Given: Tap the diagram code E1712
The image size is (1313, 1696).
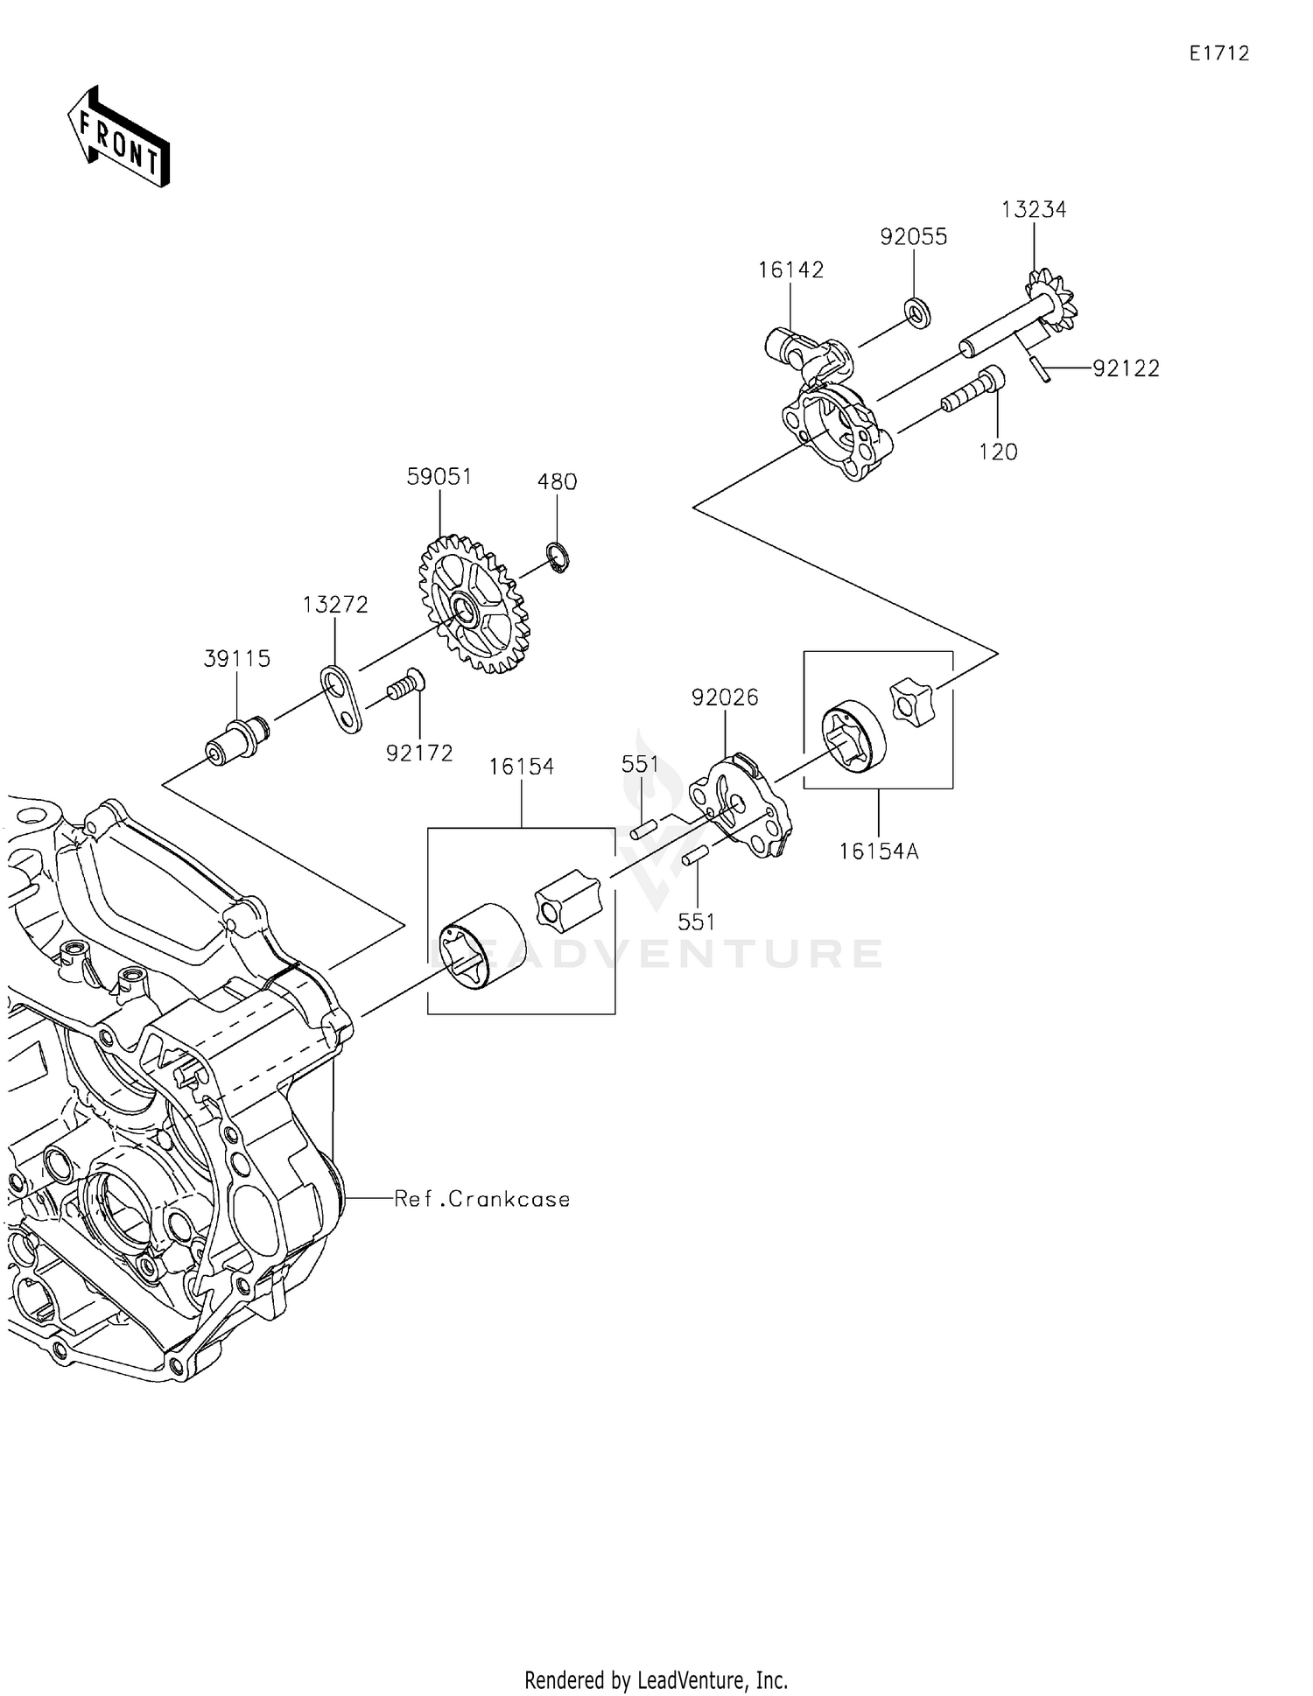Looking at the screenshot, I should tap(1218, 53).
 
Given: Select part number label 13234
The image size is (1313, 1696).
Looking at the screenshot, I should tap(1034, 210).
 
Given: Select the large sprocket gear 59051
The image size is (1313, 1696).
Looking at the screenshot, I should tap(474, 604).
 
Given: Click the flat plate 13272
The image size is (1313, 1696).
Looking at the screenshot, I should tap(341, 698).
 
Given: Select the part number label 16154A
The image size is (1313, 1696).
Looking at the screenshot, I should tap(878, 852).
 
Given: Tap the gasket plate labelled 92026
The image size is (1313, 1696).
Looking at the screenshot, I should tap(741, 804).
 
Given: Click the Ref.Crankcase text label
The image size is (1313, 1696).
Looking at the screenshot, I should tap(482, 1199).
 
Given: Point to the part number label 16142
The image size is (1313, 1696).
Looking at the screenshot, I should tap(790, 270).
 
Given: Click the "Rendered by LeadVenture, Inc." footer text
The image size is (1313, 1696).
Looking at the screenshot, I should tap(656, 1679).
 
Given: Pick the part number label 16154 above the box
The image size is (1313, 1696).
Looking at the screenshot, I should tap(521, 767).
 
